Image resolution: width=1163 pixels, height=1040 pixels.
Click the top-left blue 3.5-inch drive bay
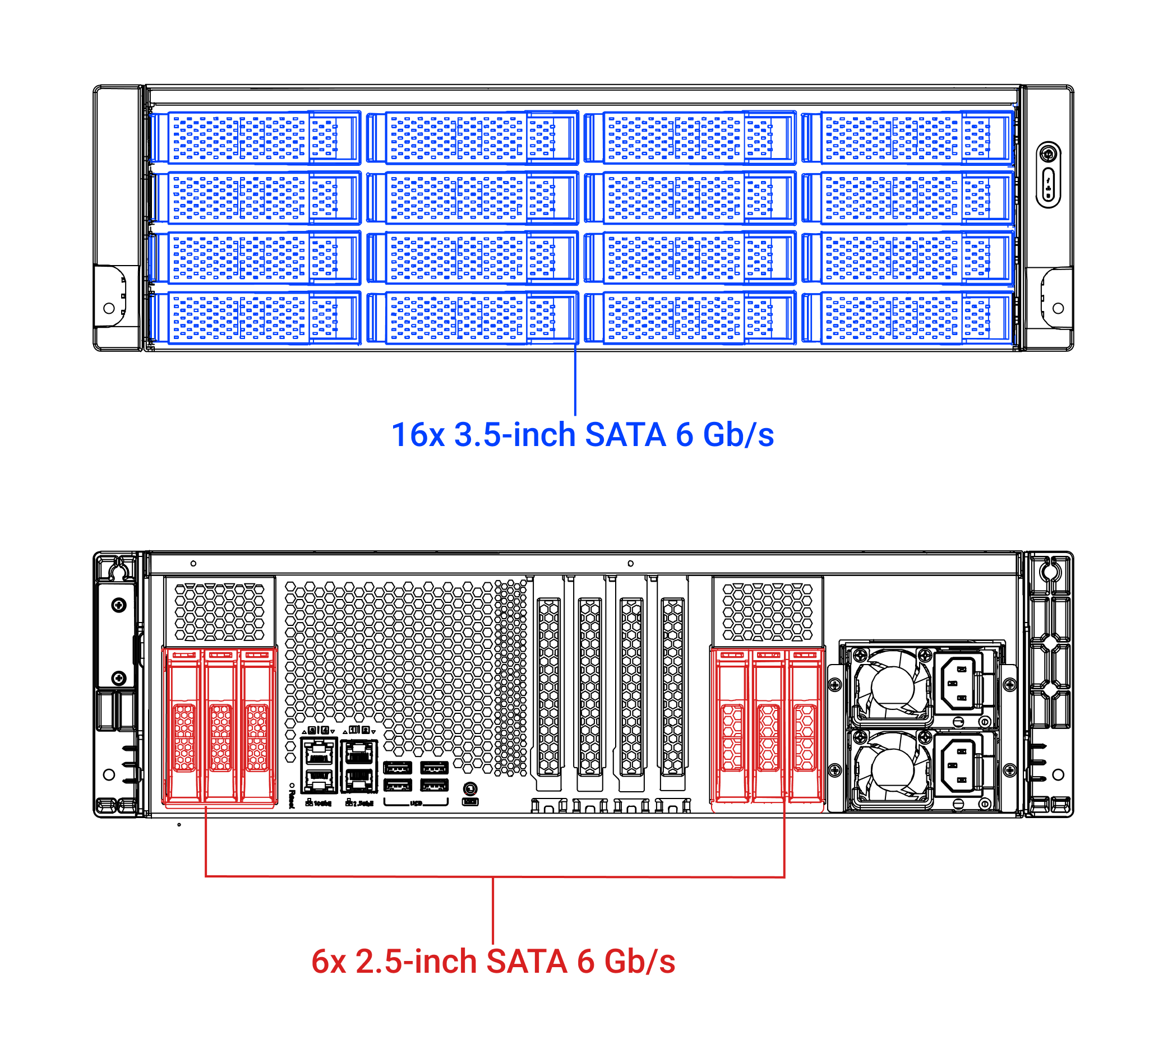[x=256, y=138]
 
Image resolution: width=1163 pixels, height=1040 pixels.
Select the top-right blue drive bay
[x=908, y=138]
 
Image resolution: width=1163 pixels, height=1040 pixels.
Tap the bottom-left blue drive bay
[x=256, y=318]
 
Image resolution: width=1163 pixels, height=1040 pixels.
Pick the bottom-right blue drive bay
[x=908, y=318]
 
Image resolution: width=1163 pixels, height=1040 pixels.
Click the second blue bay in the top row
[x=473, y=138]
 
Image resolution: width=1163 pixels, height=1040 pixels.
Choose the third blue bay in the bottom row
[x=690, y=318]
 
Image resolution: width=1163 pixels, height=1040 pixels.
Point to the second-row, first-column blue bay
[x=256, y=198]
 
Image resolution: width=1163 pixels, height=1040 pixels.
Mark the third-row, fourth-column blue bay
[x=908, y=258]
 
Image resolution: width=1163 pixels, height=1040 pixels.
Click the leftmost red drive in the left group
[x=183, y=726]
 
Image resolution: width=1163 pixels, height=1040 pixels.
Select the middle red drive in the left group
[x=220, y=726]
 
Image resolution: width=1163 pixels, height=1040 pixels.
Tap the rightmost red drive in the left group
[x=257, y=726]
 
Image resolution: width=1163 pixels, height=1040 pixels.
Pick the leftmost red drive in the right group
[x=731, y=726]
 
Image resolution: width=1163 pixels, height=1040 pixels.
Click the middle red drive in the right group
[x=768, y=726]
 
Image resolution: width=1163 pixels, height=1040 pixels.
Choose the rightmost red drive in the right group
[x=805, y=726]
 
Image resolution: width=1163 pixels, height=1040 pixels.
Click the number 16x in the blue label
[x=418, y=435]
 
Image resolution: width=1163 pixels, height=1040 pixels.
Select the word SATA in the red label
[x=527, y=961]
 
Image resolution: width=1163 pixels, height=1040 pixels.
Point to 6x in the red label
[x=329, y=961]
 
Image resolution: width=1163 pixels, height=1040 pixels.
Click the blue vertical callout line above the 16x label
[x=575, y=380]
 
